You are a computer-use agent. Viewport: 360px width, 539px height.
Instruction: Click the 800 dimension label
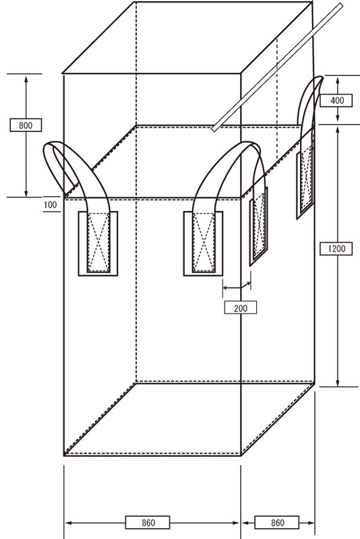[26, 125]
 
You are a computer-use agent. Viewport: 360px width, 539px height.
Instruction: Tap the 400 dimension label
[336, 100]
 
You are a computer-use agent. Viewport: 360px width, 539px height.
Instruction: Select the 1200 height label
[336, 249]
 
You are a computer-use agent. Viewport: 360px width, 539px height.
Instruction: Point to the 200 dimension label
[241, 308]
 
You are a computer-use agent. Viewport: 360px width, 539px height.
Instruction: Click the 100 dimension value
[50, 205]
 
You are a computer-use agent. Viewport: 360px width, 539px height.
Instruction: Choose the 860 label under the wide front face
[148, 523]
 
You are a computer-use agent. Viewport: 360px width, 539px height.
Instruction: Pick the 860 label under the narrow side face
[277, 523]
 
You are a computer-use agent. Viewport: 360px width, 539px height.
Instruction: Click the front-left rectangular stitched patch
[98, 244]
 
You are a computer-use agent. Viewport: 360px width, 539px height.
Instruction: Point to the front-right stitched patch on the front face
[203, 244]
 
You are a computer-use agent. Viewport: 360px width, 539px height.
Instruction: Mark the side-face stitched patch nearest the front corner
[259, 227]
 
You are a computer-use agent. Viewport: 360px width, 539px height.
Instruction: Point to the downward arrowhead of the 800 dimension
[26, 193]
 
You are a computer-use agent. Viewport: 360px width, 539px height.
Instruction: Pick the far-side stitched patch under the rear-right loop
[305, 184]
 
